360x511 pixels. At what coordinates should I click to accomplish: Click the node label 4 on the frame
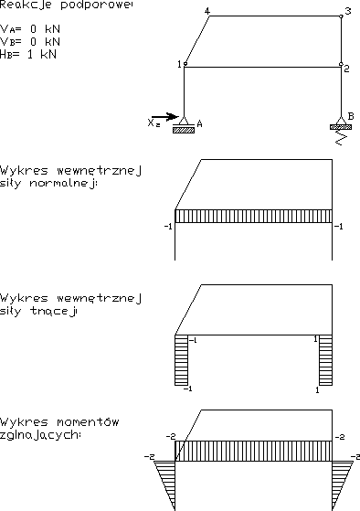207,11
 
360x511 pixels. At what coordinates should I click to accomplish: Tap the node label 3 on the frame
348,11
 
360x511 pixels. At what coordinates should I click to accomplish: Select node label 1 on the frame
179,64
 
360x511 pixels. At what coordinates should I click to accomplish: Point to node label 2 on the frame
346,69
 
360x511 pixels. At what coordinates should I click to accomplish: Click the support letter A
200,123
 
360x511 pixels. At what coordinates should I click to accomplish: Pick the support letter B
351,116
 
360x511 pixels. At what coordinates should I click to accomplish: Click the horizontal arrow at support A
165,117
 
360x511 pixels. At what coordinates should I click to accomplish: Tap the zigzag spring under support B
341,137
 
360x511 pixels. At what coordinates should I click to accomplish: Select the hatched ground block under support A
184,131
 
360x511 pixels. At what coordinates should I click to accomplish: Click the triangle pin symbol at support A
184,121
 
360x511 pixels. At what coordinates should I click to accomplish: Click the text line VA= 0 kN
30,29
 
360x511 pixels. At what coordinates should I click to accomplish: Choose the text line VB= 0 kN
30,42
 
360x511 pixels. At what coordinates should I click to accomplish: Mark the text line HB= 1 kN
28,54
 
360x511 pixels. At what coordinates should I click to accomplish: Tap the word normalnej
63,184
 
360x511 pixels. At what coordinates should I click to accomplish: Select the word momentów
88,422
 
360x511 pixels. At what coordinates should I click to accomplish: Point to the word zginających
40,435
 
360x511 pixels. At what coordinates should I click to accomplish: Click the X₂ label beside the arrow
154,123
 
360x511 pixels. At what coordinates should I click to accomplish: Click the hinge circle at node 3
341,16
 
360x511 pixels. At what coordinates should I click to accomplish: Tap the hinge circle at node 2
341,64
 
